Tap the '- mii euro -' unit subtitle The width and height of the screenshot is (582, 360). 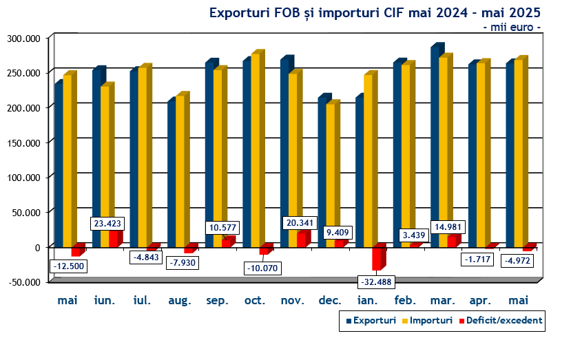point(511,27)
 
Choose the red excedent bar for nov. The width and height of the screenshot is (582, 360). point(301,239)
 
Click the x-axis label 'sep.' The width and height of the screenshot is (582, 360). point(218,301)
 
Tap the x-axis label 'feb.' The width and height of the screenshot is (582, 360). point(405,301)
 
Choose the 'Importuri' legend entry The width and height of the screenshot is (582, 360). point(431,320)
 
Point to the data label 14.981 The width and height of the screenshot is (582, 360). point(448,227)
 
